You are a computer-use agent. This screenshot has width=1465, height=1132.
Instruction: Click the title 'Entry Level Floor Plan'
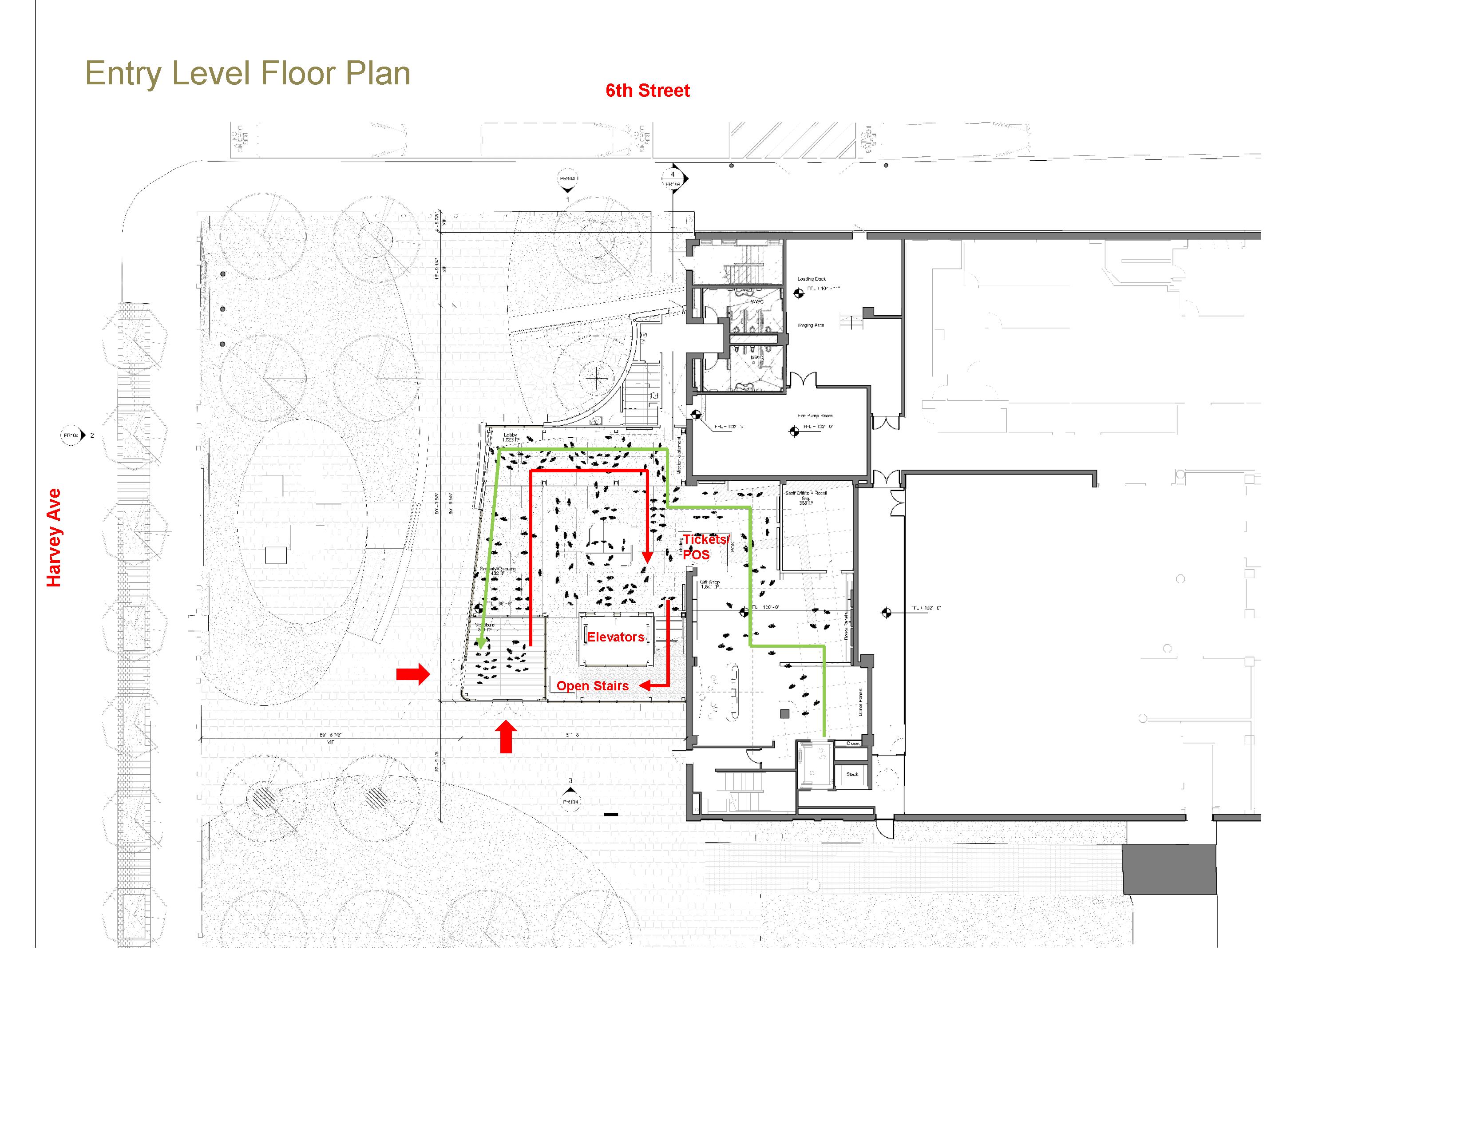[x=248, y=73]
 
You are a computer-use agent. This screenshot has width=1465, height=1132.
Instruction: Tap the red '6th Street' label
[x=647, y=91]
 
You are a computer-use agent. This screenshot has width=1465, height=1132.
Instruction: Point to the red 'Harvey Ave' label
[x=54, y=538]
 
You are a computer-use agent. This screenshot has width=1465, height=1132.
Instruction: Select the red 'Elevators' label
[x=615, y=637]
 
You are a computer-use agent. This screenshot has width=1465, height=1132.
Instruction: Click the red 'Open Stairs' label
[x=592, y=685]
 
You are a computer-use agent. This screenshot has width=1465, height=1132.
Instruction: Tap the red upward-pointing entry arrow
[x=507, y=736]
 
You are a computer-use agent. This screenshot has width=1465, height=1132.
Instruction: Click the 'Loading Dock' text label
[x=811, y=279]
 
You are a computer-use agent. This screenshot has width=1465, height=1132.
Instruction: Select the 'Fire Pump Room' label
[x=815, y=416]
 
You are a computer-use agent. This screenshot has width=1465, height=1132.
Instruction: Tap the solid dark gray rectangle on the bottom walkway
[x=1169, y=869]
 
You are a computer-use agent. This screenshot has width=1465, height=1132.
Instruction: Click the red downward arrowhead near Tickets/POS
[x=647, y=557]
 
